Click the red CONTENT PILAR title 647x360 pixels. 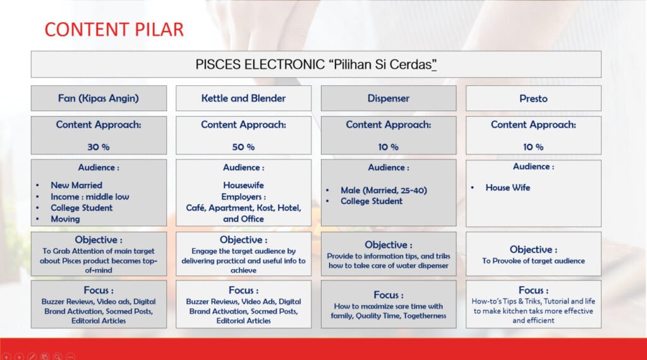(114, 30)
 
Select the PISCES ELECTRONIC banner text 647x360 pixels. (316, 64)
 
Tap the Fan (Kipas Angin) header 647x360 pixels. (98, 99)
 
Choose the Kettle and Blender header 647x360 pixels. (243, 98)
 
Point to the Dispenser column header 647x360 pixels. (389, 99)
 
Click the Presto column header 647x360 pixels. (533, 99)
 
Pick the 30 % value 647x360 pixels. (98, 147)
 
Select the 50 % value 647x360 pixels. (243, 147)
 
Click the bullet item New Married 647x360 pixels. (76, 185)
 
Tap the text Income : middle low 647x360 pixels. (90, 196)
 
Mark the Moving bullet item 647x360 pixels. (65, 219)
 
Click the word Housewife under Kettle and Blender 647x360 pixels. (243, 185)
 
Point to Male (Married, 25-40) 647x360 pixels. (384, 190)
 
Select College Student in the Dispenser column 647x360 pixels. (372, 201)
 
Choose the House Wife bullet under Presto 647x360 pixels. (507, 188)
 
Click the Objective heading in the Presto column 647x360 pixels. (533, 249)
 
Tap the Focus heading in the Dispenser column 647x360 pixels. (389, 295)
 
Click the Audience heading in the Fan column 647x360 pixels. (98, 167)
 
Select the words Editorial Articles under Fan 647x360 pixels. (98, 321)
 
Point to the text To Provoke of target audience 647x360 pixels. (533, 261)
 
